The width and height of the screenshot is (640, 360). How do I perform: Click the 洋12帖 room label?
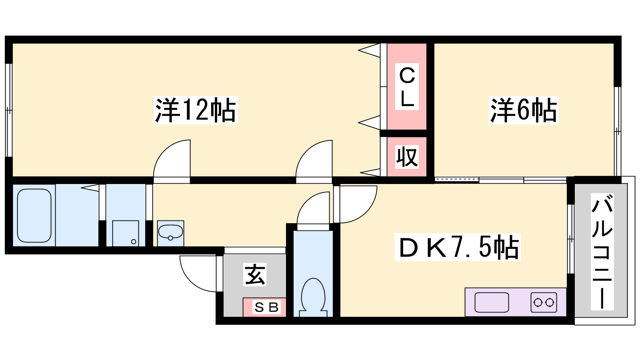[196, 110]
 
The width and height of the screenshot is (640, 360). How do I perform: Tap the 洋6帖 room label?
[523, 110]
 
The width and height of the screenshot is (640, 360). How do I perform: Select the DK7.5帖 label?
[458, 248]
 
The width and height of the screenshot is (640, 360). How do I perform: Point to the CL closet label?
[407, 87]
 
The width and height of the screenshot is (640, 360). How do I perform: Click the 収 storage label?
[407, 157]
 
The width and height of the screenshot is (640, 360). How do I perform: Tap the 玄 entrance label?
[255, 275]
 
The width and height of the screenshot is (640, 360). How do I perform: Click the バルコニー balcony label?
[602, 252]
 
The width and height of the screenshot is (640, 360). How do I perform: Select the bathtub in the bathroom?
[34, 215]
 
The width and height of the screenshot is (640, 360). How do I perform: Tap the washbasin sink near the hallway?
[170, 232]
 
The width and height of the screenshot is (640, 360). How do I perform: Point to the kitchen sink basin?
[492, 302]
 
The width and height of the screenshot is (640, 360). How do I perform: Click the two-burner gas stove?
[544, 302]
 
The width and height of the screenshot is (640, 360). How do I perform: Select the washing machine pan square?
[126, 233]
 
